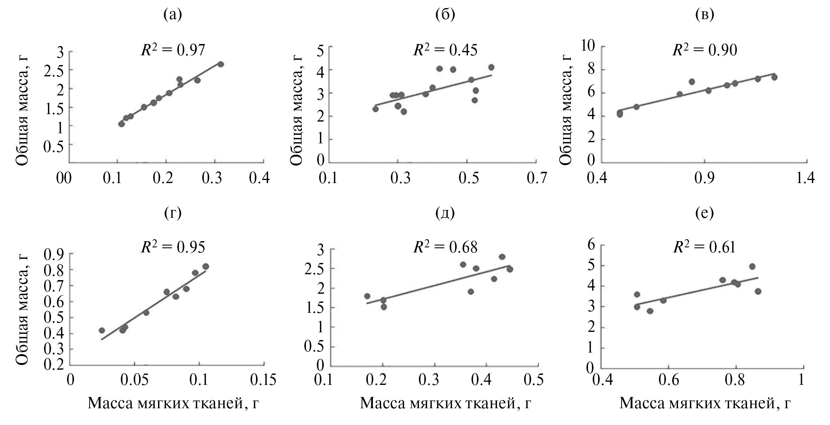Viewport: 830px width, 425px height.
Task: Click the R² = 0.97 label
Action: [173, 51]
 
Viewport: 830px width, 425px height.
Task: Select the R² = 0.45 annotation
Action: [445, 51]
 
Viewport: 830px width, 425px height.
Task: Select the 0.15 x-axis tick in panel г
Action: [263, 380]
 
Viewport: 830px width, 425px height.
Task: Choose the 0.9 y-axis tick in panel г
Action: [57, 254]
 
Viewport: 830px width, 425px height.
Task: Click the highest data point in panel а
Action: [221, 64]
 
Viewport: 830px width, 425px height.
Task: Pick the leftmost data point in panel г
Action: [102, 330]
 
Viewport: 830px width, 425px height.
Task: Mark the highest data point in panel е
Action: [752, 266]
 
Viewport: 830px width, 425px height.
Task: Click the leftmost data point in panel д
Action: [367, 296]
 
